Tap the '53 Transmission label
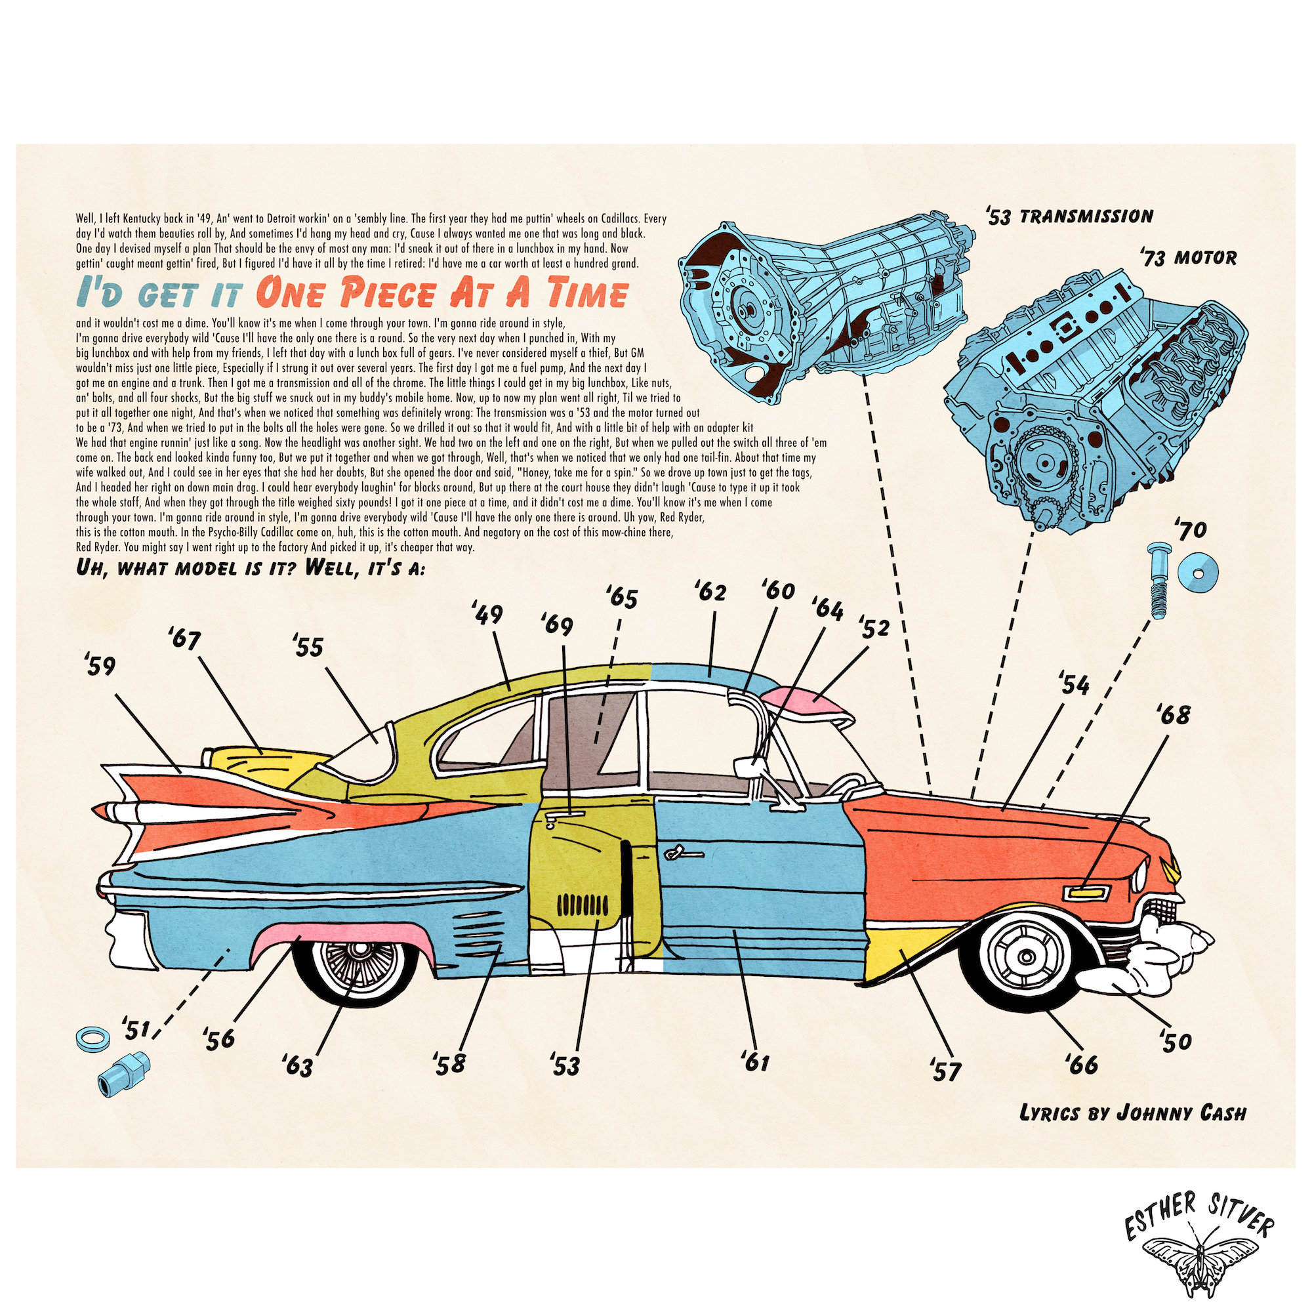point(1069,216)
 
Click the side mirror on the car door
point(746,766)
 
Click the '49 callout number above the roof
point(488,616)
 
